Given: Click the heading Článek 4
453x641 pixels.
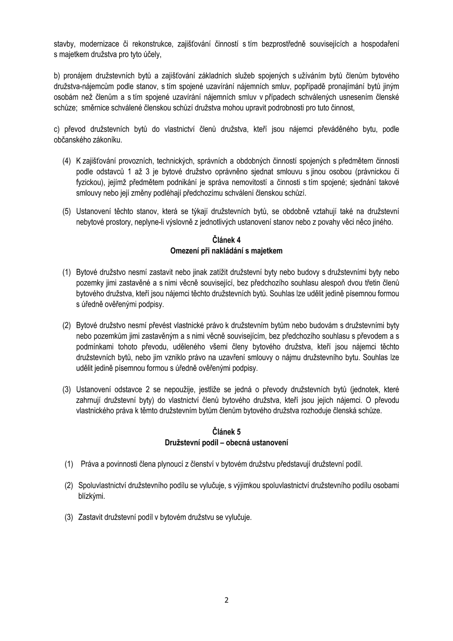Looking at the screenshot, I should click(x=226, y=240).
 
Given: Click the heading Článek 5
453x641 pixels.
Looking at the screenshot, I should click(x=226, y=432).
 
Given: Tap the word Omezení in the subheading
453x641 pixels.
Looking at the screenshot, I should click(x=184, y=251).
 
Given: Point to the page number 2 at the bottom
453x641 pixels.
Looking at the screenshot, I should click(x=227, y=600).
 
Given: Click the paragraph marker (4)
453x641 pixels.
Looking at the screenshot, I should click(x=67, y=161).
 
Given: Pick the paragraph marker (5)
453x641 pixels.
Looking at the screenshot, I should click(x=67, y=211).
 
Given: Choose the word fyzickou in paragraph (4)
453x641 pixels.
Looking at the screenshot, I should click(x=88, y=183).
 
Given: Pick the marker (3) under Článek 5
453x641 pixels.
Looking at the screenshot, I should click(x=69, y=517).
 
